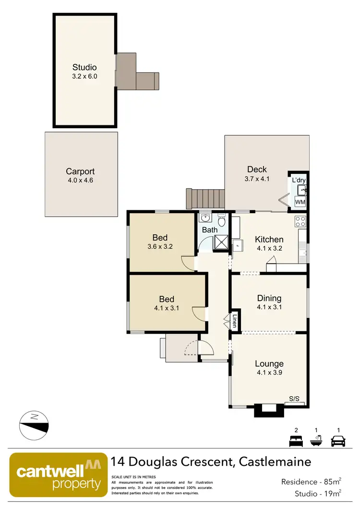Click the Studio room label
(x=84, y=67)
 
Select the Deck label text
(x=257, y=169)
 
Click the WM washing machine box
(x=300, y=202)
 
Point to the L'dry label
(x=299, y=181)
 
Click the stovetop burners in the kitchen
(x=300, y=221)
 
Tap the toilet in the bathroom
(x=221, y=222)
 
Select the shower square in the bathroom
(x=221, y=243)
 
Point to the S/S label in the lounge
(x=294, y=399)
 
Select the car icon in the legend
(x=338, y=440)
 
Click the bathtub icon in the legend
(x=316, y=440)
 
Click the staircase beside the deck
(x=205, y=199)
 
